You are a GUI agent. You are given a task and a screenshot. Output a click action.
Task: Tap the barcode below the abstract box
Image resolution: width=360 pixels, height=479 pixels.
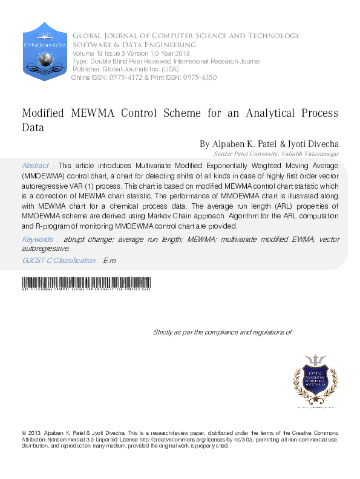click(x=85, y=283)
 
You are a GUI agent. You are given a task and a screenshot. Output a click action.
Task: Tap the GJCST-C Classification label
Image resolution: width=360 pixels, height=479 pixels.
click(x=68, y=261)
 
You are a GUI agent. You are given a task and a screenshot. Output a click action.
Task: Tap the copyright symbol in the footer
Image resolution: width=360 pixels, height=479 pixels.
click(x=24, y=433)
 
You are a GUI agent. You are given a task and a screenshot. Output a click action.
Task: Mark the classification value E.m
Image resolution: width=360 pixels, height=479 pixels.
click(x=126, y=261)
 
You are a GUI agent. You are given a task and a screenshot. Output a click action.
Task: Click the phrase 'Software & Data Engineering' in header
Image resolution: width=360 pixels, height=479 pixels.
click(x=134, y=45)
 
